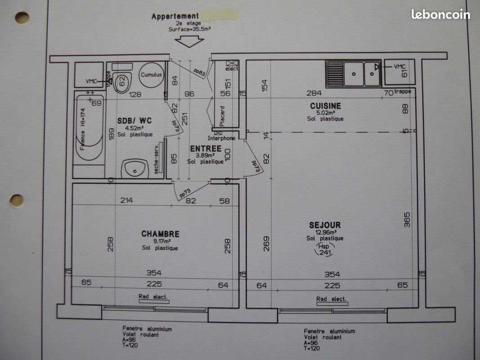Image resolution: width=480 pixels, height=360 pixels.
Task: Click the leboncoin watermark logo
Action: (440, 14)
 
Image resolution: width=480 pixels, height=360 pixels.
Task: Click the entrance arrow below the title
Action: (189, 40)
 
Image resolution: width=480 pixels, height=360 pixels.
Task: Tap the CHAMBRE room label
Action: (160, 234)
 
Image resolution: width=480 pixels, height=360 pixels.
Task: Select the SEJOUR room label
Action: (325, 225)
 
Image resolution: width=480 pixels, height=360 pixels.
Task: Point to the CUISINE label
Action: (325, 106)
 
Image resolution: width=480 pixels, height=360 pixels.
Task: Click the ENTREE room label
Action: (205, 148)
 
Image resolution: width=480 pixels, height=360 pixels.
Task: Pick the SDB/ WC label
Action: (135, 121)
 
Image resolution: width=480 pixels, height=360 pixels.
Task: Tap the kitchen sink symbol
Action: (353, 73)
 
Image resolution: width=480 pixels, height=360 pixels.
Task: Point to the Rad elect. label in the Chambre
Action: (153, 297)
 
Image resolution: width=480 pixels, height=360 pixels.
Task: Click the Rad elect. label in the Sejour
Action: (331, 299)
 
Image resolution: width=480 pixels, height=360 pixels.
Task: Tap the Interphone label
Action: (221, 138)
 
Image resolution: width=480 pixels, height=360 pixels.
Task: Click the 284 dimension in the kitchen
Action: (314, 93)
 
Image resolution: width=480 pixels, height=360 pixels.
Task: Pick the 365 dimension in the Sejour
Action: (407, 220)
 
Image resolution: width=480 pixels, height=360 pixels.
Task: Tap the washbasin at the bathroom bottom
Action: (135, 169)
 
